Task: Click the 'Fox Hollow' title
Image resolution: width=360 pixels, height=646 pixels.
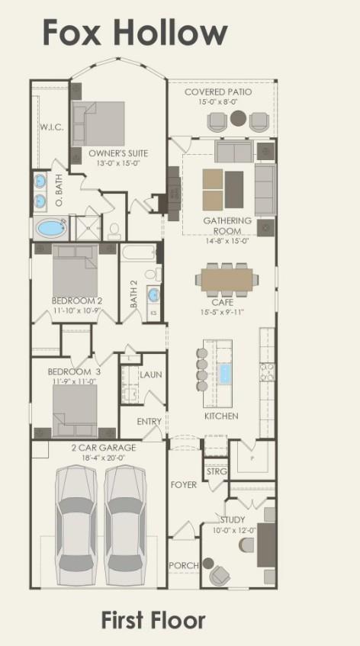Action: pos(134,34)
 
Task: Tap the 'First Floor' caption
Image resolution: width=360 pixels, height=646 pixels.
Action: pos(153,620)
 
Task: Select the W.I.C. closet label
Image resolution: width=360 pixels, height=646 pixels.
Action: pos(51,127)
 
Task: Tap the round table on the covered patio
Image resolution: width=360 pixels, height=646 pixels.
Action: pos(239,118)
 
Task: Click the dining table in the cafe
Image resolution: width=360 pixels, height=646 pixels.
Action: pos(227,276)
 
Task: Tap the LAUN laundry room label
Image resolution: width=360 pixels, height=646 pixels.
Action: pos(150,374)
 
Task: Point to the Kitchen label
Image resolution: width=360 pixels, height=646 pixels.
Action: pos(221,416)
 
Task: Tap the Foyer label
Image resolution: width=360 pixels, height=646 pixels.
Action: pos(183,484)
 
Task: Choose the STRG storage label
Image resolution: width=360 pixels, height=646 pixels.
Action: pos(217,472)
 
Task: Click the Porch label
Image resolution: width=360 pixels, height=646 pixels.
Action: pos(184,565)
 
